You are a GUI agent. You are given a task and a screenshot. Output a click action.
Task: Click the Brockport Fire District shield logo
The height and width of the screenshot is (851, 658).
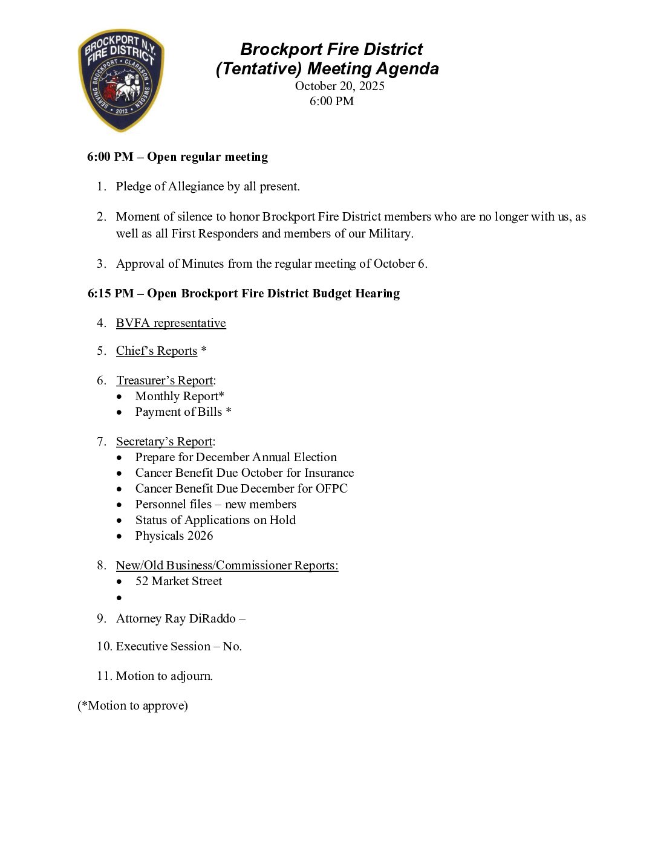point(121,80)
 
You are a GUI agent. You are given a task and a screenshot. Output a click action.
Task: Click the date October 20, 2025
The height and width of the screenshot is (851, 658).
point(339,86)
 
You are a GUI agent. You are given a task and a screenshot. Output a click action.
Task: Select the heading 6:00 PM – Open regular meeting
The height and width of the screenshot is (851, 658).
point(177,157)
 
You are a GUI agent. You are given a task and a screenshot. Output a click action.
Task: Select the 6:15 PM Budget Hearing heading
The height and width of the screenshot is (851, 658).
point(243,294)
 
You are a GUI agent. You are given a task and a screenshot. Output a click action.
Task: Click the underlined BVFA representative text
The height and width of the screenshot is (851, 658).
point(171,323)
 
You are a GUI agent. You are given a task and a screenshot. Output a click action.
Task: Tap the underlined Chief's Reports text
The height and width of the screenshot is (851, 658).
point(156,351)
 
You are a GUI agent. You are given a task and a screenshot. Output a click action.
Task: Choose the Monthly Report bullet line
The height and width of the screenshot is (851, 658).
point(179,396)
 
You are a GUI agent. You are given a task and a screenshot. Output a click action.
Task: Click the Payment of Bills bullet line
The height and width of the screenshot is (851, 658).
point(183,412)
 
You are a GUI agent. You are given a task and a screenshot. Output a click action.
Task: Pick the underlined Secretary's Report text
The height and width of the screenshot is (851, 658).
point(164,442)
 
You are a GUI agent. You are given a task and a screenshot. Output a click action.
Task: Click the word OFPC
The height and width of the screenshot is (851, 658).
point(331,489)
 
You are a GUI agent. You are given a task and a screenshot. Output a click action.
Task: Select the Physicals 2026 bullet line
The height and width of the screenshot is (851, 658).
point(174,536)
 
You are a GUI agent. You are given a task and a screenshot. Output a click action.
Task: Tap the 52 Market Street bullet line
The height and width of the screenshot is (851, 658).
point(178,581)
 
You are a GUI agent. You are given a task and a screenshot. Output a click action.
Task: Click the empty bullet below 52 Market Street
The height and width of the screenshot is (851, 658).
point(120,598)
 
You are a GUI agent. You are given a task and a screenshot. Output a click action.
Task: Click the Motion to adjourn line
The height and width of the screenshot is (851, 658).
point(164,676)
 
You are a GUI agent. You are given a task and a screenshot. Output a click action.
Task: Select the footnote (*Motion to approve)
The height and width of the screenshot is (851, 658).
point(132,706)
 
